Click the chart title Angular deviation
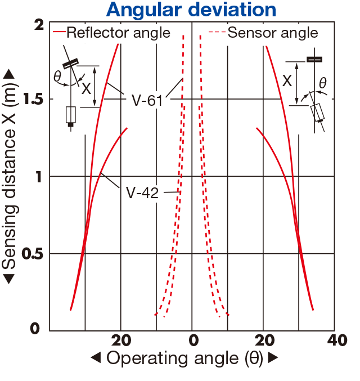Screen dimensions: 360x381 coord(191,10)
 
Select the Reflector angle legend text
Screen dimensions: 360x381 coord(119,33)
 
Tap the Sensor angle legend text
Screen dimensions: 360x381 coord(273,33)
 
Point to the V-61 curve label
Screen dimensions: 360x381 coord(147,100)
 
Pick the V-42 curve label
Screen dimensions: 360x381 coord(142,193)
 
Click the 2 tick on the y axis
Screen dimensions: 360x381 coord(39,25)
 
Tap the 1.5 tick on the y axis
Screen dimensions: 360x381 coord(33,99)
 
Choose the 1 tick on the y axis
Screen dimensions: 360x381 coord(39,177)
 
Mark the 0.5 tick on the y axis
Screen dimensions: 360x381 coord(33,254)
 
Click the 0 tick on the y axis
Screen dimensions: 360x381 coord(35,329)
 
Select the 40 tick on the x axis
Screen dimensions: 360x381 coord(337,340)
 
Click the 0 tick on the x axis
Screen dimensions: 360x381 coord(193,340)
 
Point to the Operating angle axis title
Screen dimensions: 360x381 coord(185,358)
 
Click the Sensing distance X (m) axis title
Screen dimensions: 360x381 coord(10,176)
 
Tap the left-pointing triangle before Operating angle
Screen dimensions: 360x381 coord(96,357)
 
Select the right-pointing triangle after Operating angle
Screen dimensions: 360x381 coord(273,357)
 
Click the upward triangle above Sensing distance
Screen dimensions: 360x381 coord(9,74)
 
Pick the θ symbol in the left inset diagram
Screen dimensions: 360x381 coord(57,76)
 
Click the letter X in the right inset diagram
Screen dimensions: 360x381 coord(287,80)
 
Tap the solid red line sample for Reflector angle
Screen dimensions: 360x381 coord(59,32)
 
